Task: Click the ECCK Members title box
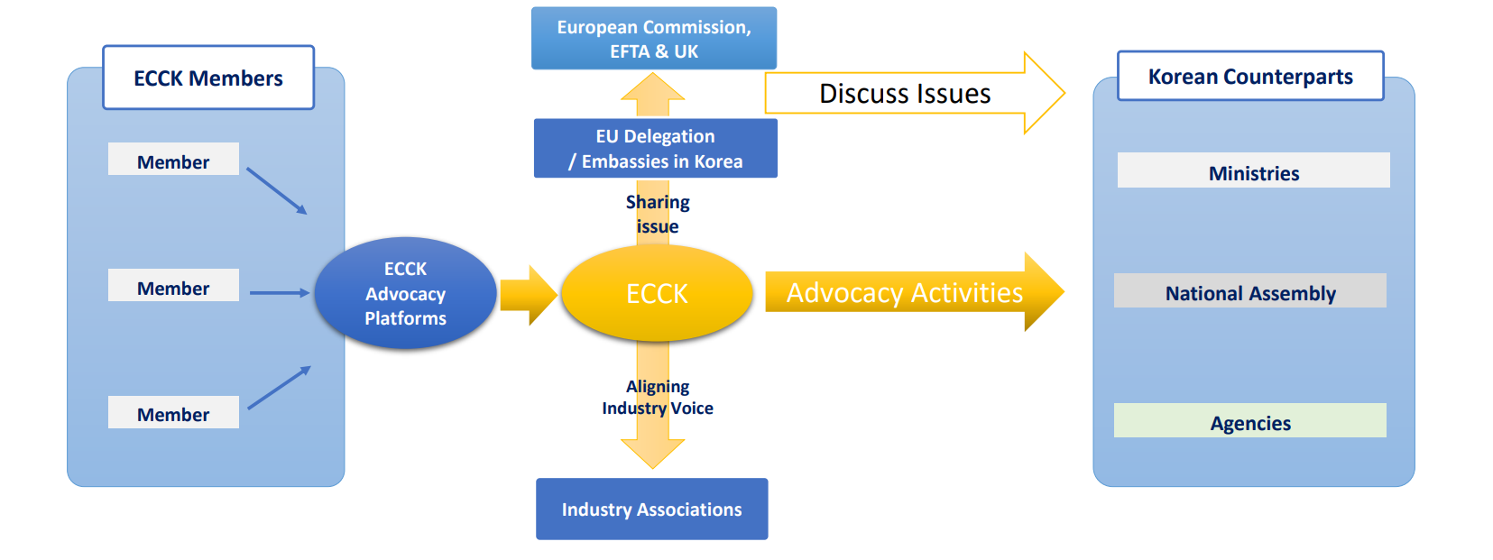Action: pyautogui.click(x=208, y=78)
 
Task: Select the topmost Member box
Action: pyautogui.click(x=173, y=160)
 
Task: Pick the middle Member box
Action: pyautogui.click(x=173, y=286)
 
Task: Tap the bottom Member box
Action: pyautogui.click(x=173, y=413)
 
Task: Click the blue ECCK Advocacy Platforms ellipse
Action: pyautogui.click(x=405, y=293)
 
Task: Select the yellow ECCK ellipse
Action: pyautogui.click(x=657, y=293)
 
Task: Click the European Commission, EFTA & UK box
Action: pyautogui.click(x=654, y=39)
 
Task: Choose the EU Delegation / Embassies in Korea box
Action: pyautogui.click(x=656, y=149)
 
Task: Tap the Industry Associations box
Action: pyautogui.click(x=652, y=510)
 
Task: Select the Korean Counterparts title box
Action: pyautogui.click(x=1250, y=77)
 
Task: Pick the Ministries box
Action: pyautogui.click(x=1254, y=170)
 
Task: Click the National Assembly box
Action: pyautogui.click(x=1250, y=291)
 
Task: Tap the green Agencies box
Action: pyautogui.click(x=1250, y=421)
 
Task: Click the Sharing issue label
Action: pyautogui.click(x=658, y=215)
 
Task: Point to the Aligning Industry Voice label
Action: pyautogui.click(x=658, y=398)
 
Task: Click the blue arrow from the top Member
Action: pyautogui.click(x=276, y=190)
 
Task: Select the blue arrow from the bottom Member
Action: pyautogui.click(x=279, y=388)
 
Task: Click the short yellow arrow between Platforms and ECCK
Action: pyautogui.click(x=529, y=295)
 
